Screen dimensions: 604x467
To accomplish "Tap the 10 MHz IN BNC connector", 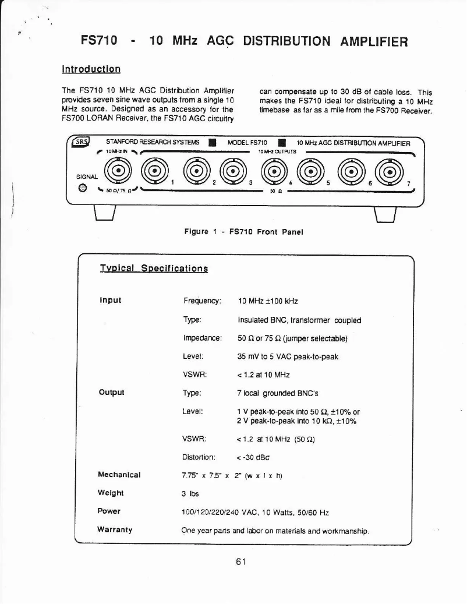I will pyautogui.click(x=119, y=171).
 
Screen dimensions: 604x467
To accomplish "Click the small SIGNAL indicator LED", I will pyautogui.click(x=83, y=188).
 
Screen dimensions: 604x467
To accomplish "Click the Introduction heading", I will pyautogui.click(x=91, y=69).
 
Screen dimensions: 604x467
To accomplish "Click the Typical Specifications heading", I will pyautogui.click(x=154, y=269).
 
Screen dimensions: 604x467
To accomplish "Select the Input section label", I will pyautogui.click(x=111, y=301).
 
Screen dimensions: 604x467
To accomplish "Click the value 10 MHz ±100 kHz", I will pyautogui.click(x=268, y=301).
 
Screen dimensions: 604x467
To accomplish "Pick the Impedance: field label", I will pyautogui.click(x=202, y=337).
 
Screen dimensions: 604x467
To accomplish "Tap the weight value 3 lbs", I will pyautogui.click(x=190, y=493).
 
